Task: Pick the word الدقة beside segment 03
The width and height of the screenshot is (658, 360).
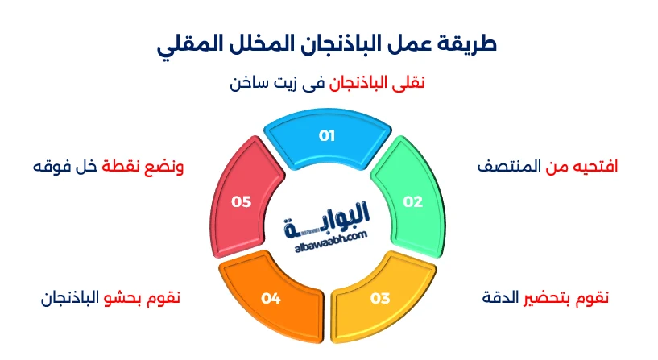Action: coord(499,298)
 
